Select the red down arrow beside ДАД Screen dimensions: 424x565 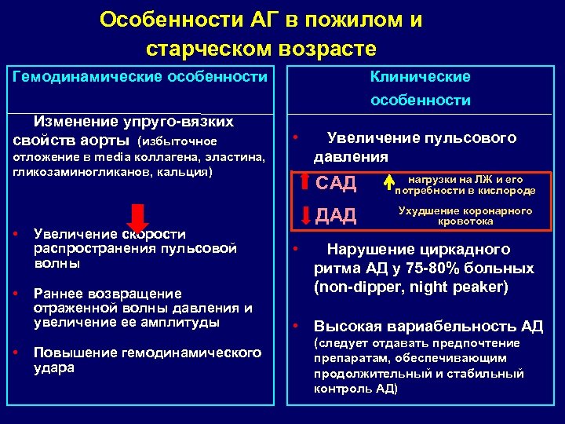pyautogui.click(x=306, y=214)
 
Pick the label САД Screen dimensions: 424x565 pyautogui.click(x=337, y=184)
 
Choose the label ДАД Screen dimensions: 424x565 pyautogui.click(x=336, y=215)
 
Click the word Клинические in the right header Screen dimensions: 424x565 pyautogui.click(x=421, y=76)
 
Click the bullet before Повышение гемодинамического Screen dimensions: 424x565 pyautogui.click(x=17, y=352)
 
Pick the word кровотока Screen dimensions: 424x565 pyautogui.click(x=465, y=221)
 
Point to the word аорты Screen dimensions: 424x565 pyautogui.click(x=110, y=140)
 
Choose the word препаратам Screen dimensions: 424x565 pyautogui.click(x=350, y=357)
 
